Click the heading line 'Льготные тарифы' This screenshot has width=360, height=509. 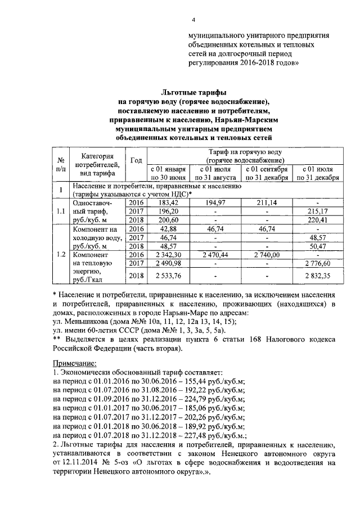coord(194,92)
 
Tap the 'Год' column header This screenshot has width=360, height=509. coord(136,161)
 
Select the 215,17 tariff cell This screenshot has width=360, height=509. coord(318,211)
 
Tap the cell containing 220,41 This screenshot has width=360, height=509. coord(318,220)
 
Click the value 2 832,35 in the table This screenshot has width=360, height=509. coord(318,276)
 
